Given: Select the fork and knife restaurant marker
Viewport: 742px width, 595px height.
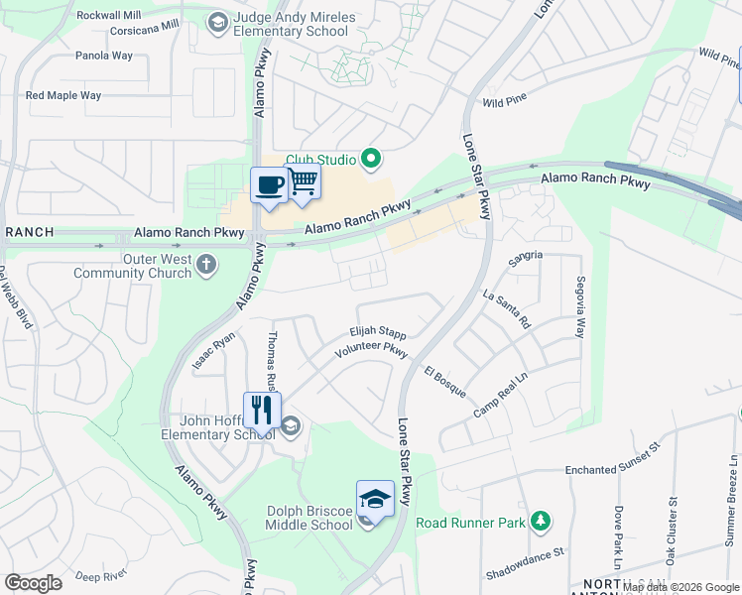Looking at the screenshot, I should coord(262,409).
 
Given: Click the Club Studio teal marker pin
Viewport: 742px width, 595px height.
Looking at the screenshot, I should coord(372,158).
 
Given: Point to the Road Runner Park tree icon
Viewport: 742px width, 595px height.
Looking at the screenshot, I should coord(540,521).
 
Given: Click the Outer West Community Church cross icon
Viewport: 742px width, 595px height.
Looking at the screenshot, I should coord(206,264).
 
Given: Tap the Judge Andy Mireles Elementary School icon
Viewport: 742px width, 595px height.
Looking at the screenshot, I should coord(216,22).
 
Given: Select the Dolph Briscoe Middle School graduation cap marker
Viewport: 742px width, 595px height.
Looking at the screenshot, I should coord(376,498).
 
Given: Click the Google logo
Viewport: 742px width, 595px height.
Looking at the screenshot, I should coord(33,583).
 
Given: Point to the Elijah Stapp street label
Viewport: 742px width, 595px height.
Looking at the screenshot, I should coord(377,334).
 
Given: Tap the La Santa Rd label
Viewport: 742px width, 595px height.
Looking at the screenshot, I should coord(507,308).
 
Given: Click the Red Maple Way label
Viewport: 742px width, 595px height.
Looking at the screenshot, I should coord(63,96).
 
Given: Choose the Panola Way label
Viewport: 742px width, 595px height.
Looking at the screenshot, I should coord(103,56).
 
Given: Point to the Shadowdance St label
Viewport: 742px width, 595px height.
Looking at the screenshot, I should coord(525,562).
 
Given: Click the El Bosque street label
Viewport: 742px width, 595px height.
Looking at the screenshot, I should coord(444,382).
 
